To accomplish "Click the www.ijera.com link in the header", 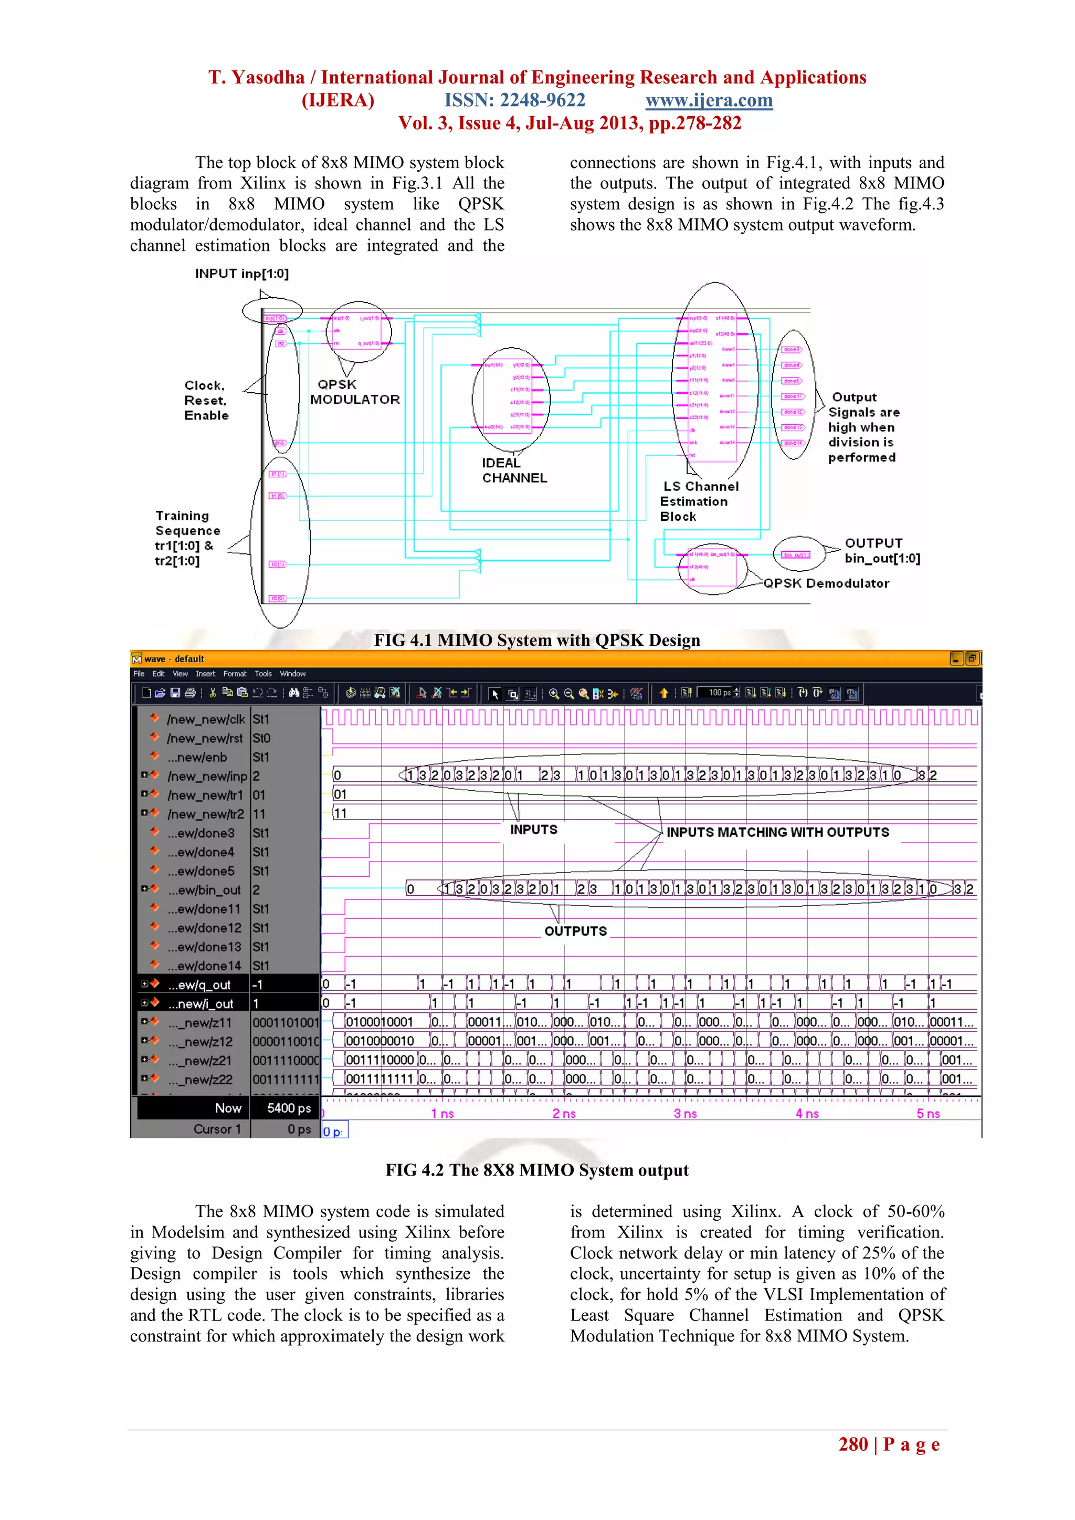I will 709,101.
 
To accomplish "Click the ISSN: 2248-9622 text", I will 514,101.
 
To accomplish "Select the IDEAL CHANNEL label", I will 514,470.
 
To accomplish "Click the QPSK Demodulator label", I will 826,583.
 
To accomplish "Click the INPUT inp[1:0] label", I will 241,274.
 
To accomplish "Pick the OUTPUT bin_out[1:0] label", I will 881,551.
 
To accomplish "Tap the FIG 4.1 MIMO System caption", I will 537,640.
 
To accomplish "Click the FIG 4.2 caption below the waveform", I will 537,1170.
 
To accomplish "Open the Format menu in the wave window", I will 234,674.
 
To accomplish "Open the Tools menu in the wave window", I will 263,674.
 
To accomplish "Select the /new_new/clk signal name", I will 206,719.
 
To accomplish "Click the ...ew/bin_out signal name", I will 204,890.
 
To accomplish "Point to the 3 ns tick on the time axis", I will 685,1114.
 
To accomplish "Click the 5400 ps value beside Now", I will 289,1108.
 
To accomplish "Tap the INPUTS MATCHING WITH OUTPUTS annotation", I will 777,832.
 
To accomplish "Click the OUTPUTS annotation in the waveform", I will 575,931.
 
